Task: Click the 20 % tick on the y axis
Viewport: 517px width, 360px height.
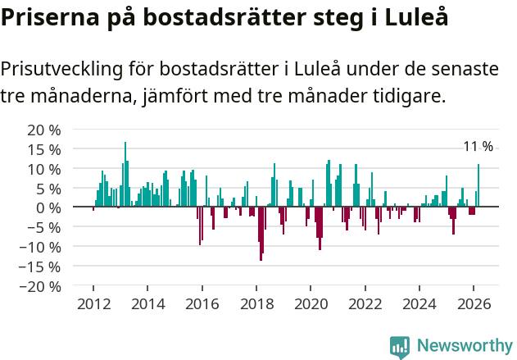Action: tap(44, 130)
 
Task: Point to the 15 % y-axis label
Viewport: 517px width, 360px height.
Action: tap(44, 149)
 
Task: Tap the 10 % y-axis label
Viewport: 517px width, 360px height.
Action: tap(44, 169)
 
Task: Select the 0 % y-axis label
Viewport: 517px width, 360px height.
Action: tap(48, 207)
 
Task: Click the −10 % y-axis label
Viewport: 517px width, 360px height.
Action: tap(41, 247)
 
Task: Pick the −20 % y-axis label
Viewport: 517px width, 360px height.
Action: tap(41, 286)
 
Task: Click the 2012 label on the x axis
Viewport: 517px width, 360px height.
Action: tap(93, 304)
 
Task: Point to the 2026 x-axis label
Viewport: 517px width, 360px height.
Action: tap(474, 304)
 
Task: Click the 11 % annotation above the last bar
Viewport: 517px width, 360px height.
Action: tap(478, 147)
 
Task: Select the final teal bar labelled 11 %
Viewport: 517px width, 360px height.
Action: tap(478, 185)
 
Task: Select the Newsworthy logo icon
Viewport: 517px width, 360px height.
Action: tap(400, 346)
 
